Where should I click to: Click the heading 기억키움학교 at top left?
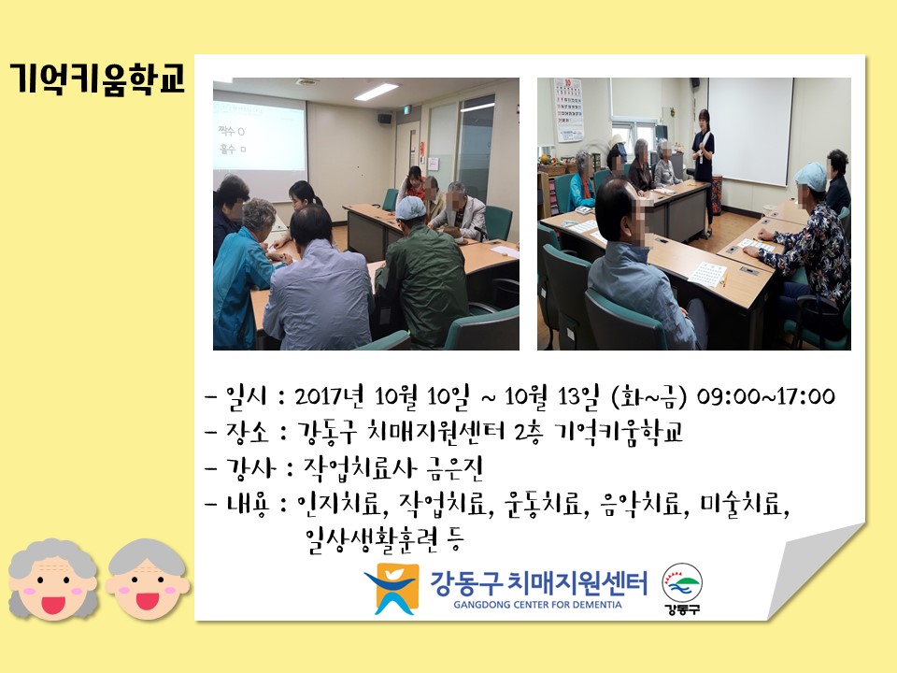pos(97,78)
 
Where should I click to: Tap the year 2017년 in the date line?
pos(329,396)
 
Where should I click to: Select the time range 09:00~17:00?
pos(765,396)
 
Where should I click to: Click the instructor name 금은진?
pos(455,467)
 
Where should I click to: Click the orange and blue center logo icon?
pos(391,589)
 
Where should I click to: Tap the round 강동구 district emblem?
pos(682,588)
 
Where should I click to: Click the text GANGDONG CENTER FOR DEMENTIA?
pos(538,605)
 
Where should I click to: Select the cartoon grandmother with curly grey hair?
pos(52,580)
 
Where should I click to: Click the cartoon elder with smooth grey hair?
pos(148,580)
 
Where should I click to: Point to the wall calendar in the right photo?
pos(569,110)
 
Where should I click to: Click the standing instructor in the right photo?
pos(703,172)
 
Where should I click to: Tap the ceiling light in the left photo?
pos(376,92)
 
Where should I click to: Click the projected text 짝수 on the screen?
pos(227,131)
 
